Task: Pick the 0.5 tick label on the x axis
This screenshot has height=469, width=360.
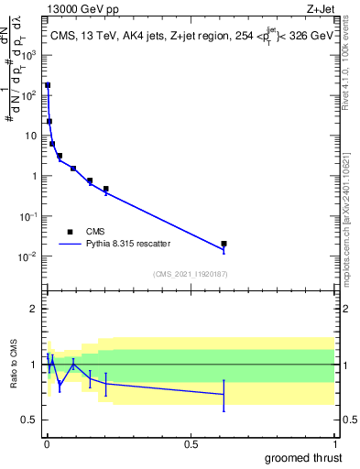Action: coord(191,443)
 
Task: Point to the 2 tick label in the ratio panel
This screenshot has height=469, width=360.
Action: coord(35,309)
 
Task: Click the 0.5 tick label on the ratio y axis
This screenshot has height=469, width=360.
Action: coord(31,420)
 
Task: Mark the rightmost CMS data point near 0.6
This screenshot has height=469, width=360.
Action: coord(224,244)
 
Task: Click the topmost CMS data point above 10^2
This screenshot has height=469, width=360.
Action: coord(48,85)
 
